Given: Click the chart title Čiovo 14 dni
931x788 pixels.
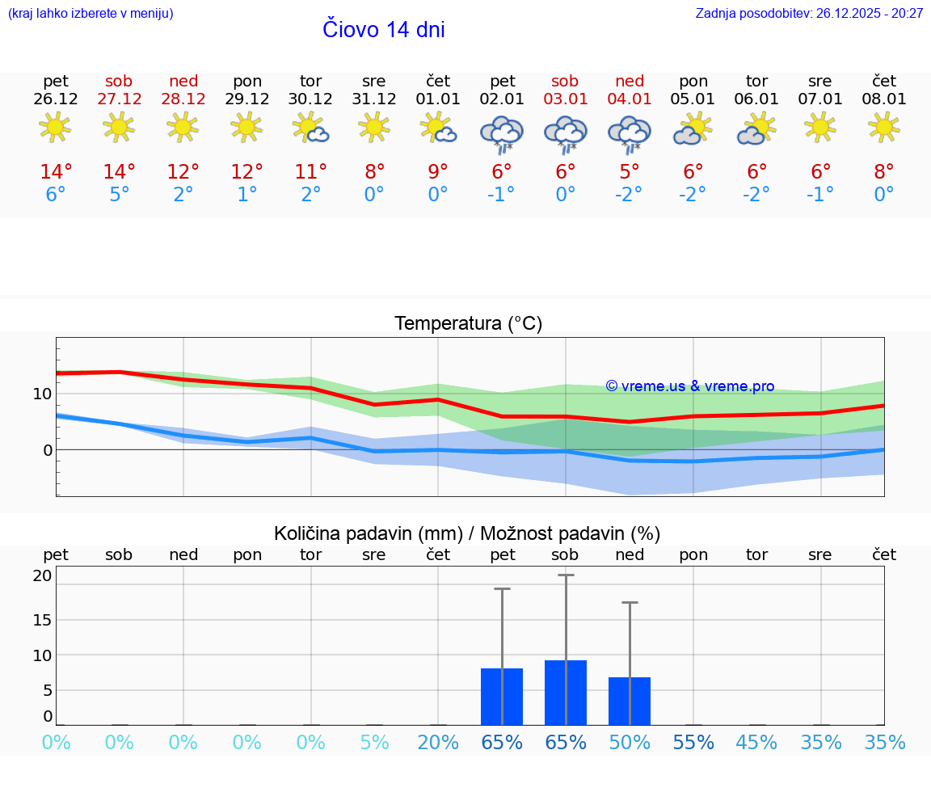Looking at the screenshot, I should (383, 30).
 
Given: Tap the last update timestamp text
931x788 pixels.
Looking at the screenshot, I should (809, 14).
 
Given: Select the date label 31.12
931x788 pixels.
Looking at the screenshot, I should (373, 99).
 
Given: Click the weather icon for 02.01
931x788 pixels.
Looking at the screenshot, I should (502, 134).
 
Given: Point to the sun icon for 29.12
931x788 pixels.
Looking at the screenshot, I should (246, 127).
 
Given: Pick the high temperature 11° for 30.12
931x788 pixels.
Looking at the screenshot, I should (310, 171).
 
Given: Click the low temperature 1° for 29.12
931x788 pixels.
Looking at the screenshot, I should (246, 195).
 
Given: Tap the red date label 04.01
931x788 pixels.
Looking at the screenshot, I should (630, 99).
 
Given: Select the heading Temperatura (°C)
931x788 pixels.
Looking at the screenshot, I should (468, 324).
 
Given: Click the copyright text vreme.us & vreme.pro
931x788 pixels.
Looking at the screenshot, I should (689, 386).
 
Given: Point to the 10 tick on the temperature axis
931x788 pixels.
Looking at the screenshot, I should (42, 394).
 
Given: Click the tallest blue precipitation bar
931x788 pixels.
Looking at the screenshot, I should (566, 693).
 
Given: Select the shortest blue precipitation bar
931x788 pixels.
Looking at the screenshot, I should (630, 701).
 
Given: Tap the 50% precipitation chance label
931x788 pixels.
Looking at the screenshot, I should (630, 743).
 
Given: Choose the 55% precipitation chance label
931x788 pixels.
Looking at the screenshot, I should (693, 743).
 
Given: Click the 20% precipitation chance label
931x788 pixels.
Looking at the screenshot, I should (438, 743).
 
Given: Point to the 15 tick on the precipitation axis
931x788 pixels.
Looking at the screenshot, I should (42, 620).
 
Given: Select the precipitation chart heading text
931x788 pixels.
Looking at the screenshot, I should (467, 533).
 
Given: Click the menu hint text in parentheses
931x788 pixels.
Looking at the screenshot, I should (91, 14).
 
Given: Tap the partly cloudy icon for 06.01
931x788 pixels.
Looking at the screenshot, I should (756, 129).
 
